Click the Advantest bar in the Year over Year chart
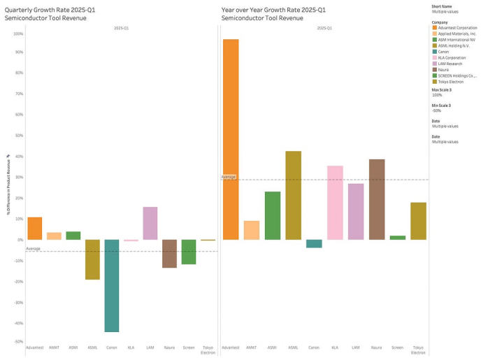tap(231, 140)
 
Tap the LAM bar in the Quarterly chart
tap(150, 223)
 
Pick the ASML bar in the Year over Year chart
tap(293, 196)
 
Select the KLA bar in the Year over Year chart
tap(335, 203)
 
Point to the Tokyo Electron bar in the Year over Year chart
tap(418, 221)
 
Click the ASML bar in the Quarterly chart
tap(92, 259)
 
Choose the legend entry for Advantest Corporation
tap(459, 27)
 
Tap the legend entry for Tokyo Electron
tap(452, 81)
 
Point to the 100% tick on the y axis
tap(18, 34)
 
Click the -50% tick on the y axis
tap(18, 341)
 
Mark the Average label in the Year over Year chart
tap(229, 177)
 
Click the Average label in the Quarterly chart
tap(33, 248)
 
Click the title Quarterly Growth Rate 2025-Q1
tap(45, 10)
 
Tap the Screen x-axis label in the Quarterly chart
tap(189, 347)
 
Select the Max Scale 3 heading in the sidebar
tap(442, 89)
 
